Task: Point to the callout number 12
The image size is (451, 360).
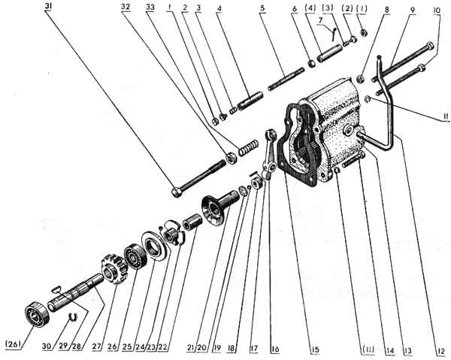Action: [x=438, y=347]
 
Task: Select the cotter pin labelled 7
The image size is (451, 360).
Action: [x=331, y=33]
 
